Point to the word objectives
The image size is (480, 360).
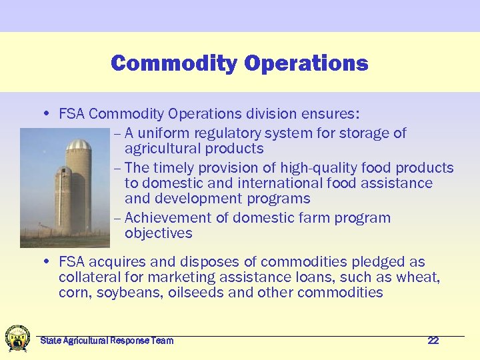(158, 233)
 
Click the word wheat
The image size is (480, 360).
(421, 277)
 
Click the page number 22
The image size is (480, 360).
(433, 341)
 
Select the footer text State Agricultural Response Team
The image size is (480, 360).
(107, 341)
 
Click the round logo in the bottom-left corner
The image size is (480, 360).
(17, 338)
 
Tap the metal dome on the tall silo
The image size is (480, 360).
(78, 145)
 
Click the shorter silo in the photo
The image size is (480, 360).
(63, 200)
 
